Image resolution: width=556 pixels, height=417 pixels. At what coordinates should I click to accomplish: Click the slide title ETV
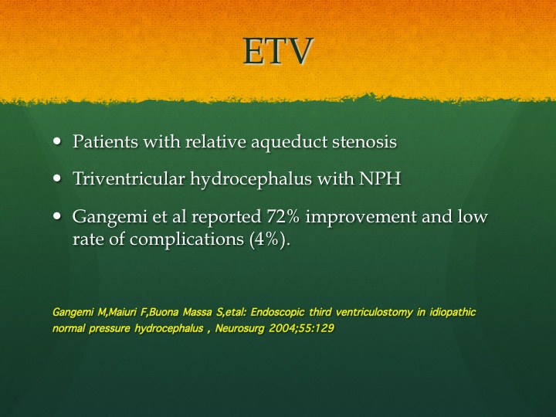tap(278, 51)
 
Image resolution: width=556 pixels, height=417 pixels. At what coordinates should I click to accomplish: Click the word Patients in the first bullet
tap(105, 141)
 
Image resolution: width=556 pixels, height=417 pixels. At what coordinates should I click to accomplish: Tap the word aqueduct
tap(289, 142)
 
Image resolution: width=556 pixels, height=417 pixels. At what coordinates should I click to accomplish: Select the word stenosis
tap(364, 141)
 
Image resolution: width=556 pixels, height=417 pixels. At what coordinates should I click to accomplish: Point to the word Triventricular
tap(129, 178)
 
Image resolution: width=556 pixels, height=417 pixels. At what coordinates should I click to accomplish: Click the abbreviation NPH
tap(380, 178)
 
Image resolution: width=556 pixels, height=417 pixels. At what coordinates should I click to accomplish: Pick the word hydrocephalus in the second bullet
tap(251, 178)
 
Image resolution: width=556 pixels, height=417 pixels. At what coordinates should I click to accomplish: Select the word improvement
tap(361, 217)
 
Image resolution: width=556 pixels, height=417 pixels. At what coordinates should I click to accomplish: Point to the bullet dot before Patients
tap(56, 141)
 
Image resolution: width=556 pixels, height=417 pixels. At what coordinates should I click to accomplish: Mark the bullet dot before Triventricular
tap(56, 178)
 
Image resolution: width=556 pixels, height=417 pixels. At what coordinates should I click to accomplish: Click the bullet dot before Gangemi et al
tap(56, 216)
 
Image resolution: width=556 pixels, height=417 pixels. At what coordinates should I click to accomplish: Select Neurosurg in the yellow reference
tap(239, 328)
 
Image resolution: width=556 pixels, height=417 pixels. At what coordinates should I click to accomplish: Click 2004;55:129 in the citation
tap(301, 328)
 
